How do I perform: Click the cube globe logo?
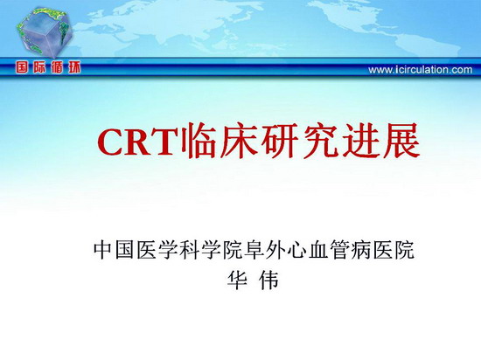coord(45,32)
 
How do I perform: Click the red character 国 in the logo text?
coord(22,67)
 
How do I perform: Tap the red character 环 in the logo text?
coord(74,67)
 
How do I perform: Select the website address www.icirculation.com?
coord(421,70)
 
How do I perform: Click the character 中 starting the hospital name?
coord(104,250)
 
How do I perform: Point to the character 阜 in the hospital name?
coord(254,250)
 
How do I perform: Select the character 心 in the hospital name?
coord(297,250)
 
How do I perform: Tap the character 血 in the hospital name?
coord(318,250)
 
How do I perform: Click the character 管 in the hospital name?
coord(340,250)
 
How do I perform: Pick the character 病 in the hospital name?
coord(361,250)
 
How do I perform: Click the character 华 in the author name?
coord(237,280)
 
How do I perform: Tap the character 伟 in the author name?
coord(268,280)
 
